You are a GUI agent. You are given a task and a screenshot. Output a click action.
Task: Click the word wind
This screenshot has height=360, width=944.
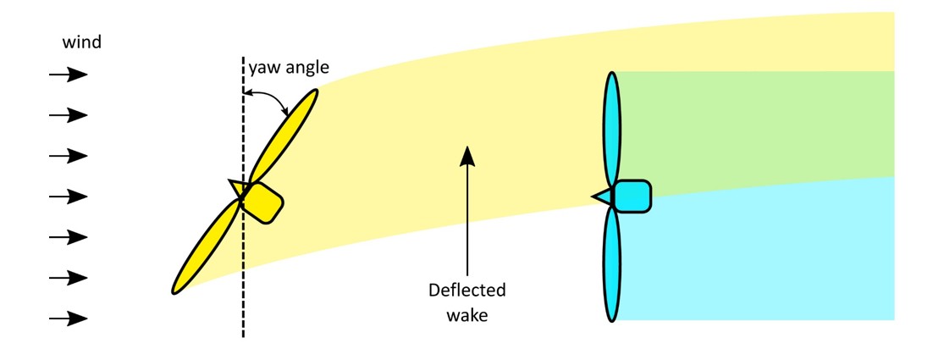click(x=82, y=42)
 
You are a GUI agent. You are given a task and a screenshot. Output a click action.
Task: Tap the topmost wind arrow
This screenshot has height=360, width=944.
click(x=68, y=75)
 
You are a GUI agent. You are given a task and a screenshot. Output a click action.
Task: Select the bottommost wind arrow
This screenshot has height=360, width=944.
click(x=68, y=318)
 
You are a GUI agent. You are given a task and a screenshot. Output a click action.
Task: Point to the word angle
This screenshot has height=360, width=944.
click(x=305, y=67)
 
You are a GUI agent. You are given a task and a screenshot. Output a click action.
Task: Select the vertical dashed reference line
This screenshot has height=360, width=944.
click(x=244, y=280)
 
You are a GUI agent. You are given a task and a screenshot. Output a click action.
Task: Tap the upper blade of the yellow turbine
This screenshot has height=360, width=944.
click(x=284, y=136)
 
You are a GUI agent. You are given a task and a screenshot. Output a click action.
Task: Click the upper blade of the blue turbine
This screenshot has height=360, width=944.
click(x=611, y=127)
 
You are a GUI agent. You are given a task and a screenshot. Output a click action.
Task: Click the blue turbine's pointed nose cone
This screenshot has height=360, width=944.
click(x=602, y=197)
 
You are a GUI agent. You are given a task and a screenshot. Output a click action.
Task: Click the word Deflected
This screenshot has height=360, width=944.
click(x=466, y=291)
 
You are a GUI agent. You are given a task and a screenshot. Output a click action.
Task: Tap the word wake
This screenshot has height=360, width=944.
click(x=466, y=316)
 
